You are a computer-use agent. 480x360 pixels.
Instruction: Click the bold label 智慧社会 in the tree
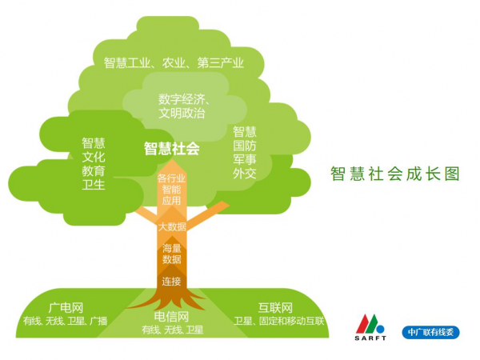[x=172, y=149]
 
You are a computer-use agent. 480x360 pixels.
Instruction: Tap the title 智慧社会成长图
[x=395, y=174]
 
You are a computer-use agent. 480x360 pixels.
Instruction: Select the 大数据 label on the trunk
[x=172, y=227]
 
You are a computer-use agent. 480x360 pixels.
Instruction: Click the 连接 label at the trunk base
[x=171, y=282]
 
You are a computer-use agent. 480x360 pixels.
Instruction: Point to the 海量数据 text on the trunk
[x=172, y=254]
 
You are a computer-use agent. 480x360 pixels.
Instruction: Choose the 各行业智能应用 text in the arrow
[x=171, y=190]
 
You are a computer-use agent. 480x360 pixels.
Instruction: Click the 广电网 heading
[x=66, y=308]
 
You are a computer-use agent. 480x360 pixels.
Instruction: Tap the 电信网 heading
[x=171, y=317]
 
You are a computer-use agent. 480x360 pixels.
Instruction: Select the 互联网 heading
[x=275, y=308]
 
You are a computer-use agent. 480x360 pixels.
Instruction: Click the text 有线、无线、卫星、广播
[x=66, y=321]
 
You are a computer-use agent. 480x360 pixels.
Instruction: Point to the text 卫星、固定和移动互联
[x=278, y=321]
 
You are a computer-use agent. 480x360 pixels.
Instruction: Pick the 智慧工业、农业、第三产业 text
[x=174, y=62]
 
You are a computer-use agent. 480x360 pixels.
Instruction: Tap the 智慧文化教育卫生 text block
[x=94, y=164]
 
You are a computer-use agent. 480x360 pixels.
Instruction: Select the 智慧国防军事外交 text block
[x=245, y=153]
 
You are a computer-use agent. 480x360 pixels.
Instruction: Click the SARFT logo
[x=370, y=327]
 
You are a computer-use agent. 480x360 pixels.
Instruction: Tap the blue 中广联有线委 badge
[x=430, y=332]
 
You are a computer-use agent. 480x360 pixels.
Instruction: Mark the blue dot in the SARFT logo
[x=381, y=330]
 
